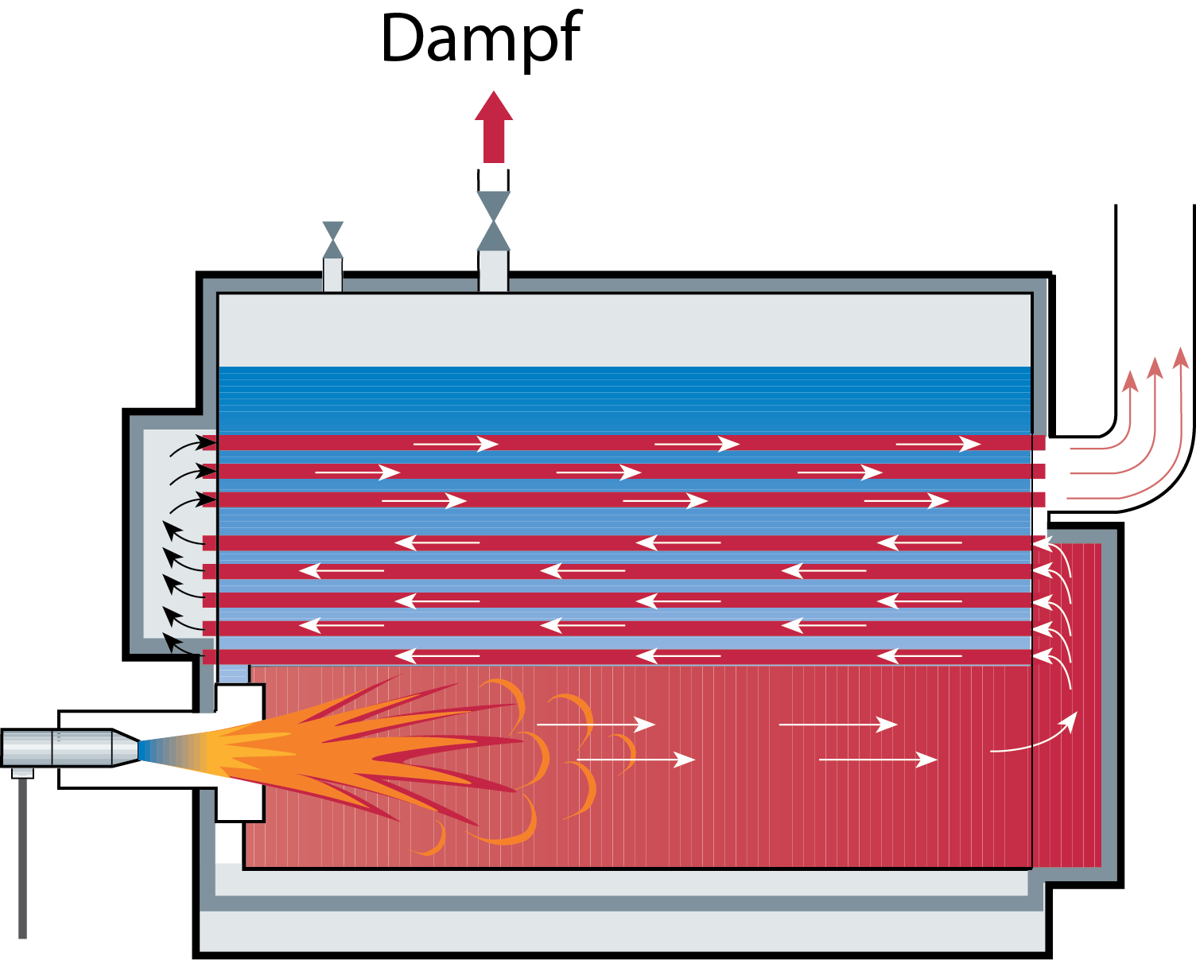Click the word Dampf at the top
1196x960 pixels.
coord(481,38)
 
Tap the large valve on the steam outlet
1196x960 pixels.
coord(494,220)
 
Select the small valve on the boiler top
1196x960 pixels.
coord(333,239)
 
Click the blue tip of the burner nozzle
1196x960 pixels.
coord(145,750)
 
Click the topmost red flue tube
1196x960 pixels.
coord(620,443)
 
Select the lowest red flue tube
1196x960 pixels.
coord(620,657)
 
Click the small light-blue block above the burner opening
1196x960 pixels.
coord(233,674)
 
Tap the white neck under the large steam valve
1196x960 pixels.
coord(493,271)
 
